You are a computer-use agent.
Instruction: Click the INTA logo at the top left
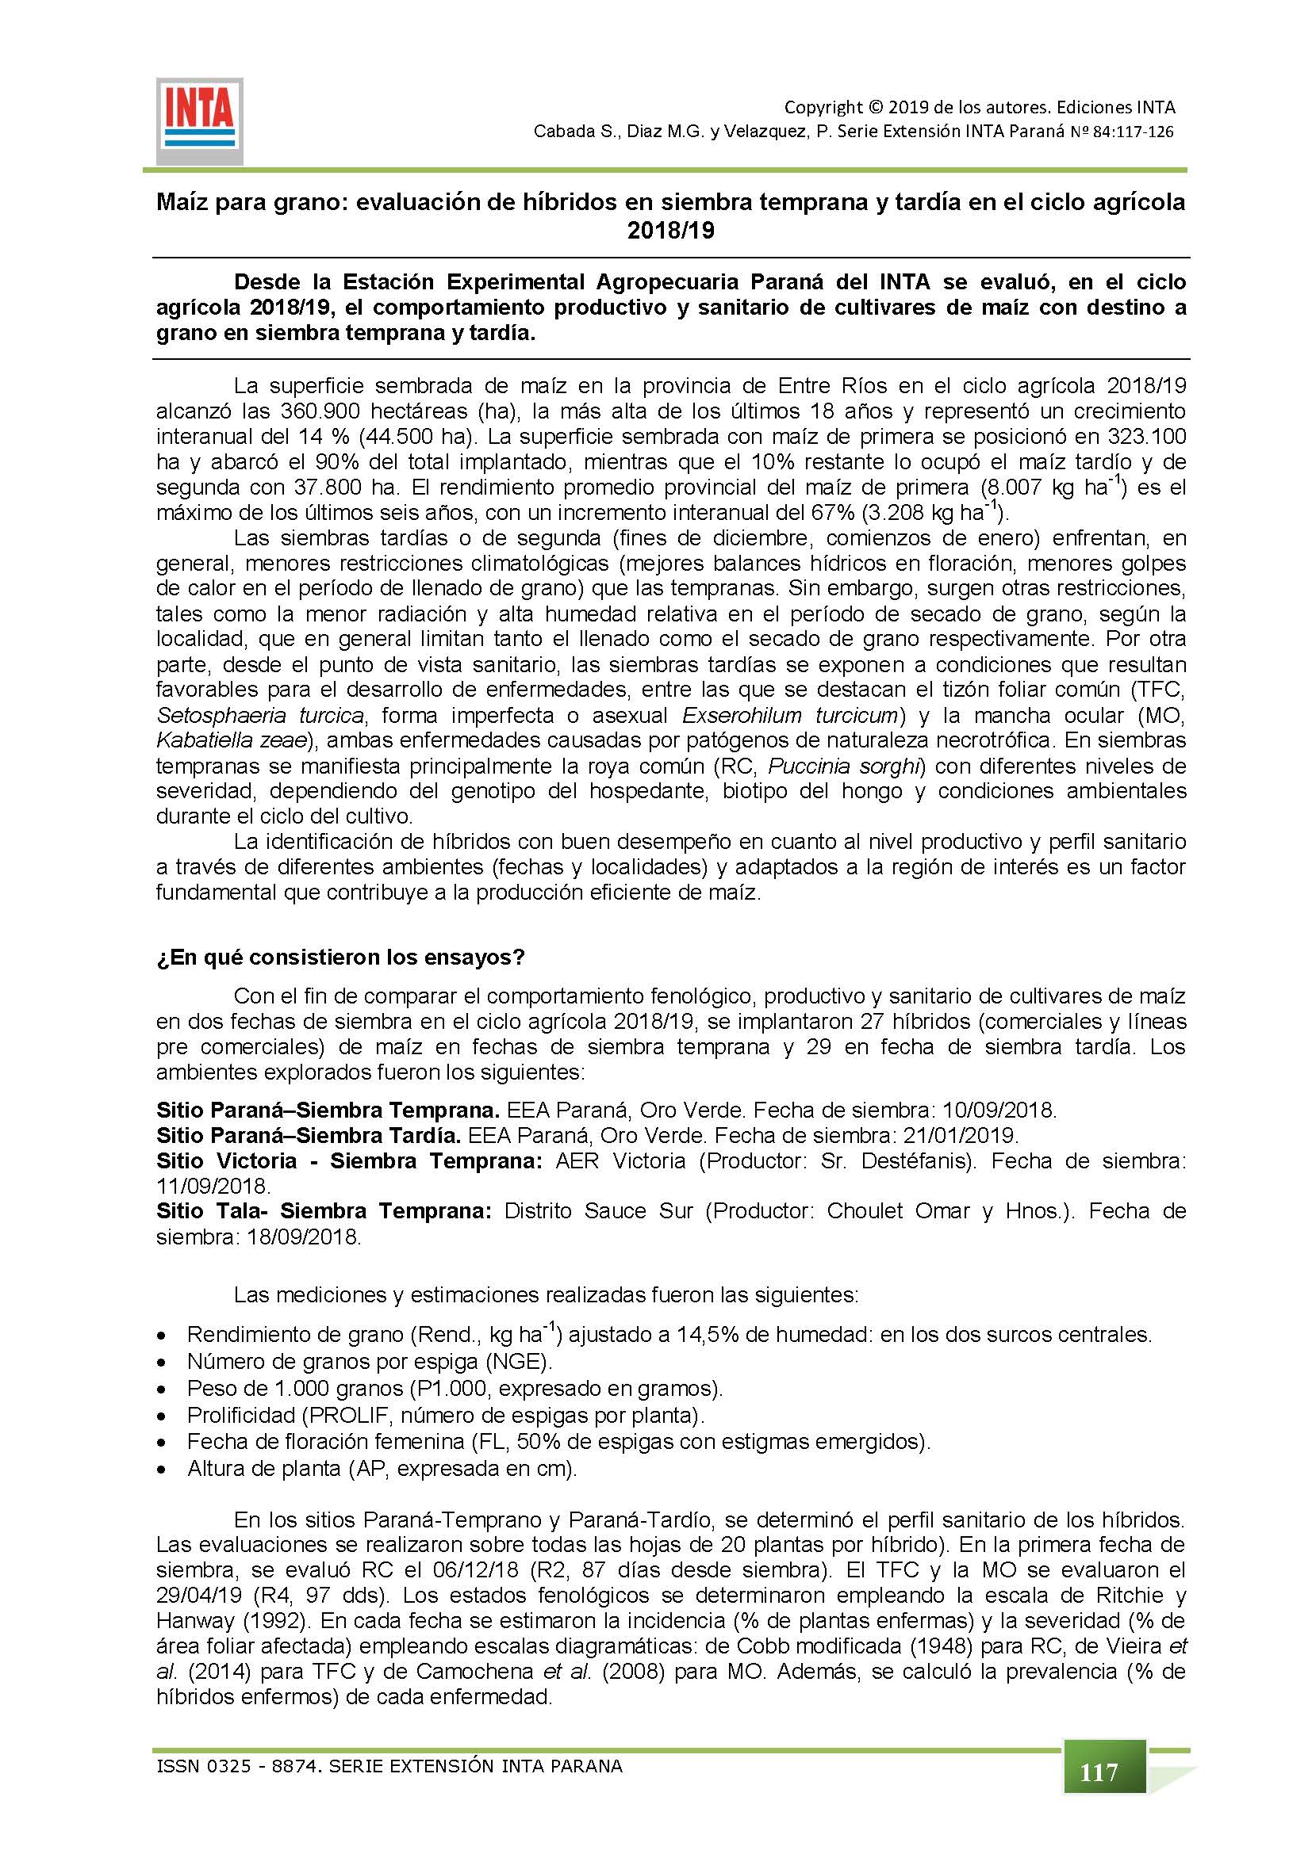[x=199, y=121]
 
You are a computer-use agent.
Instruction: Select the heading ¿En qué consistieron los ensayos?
[x=340, y=958]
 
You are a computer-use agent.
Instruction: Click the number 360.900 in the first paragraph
[x=322, y=411]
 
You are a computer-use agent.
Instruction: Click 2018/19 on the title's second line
[x=671, y=231]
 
